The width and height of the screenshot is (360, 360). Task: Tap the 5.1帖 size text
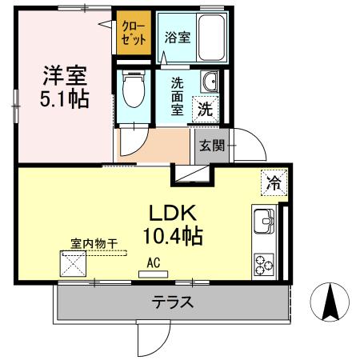click(x=64, y=99)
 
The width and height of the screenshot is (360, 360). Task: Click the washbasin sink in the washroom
click(x=210, y=82)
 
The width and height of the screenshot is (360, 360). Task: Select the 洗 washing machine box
click(x=206, y=110)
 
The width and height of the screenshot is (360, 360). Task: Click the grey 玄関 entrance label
click(x=212, y=146)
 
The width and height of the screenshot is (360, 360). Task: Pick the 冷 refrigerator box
click(x=274, y=182)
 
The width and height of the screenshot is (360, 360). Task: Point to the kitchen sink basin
click(x=264, y=219)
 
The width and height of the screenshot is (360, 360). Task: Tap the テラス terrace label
click(x=173, y=303)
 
